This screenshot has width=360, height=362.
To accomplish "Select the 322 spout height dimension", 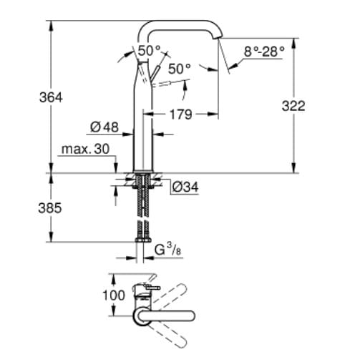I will coord(293,106).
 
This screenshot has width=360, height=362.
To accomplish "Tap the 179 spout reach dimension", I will coord(180,114).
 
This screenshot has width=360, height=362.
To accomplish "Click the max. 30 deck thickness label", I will coord(84,150).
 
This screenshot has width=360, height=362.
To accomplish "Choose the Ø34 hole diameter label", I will coord(185,188).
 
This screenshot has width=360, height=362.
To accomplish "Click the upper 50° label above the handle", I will coord(149,52).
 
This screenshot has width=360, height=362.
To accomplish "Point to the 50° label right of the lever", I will coord(180,69).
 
